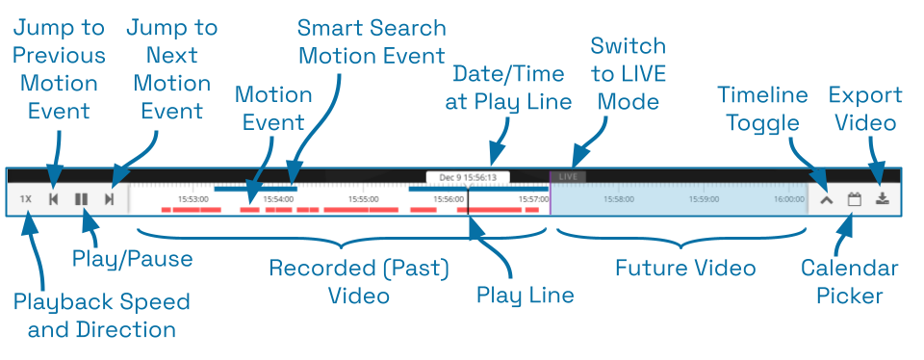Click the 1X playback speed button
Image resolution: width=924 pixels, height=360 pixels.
point(26,199)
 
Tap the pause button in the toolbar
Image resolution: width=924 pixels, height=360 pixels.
point(82,199)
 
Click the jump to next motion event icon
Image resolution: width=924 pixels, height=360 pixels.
point(110,199)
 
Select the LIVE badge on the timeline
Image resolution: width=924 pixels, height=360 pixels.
point(568,177)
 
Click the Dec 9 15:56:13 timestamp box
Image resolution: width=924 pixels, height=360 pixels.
point(468,177)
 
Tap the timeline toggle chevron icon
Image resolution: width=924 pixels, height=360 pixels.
point(826,200)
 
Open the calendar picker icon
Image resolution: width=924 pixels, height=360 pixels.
point(854,200)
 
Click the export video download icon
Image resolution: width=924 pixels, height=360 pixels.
point(883,199)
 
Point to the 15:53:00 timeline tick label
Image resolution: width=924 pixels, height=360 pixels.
point(193,199)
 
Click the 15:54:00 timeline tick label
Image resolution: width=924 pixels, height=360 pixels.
point(278,199)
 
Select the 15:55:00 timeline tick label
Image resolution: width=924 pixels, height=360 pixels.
point(364,199)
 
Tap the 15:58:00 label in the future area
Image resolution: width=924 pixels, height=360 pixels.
point(619,199)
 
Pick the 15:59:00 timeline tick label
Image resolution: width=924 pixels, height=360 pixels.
point(704,199)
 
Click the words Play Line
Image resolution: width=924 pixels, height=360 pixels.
point(526,295)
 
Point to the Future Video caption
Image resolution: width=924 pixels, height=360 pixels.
point(685,268)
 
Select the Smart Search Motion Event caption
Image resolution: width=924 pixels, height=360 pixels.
point(372,41)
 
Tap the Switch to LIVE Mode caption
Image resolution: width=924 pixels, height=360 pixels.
point(628,73)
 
